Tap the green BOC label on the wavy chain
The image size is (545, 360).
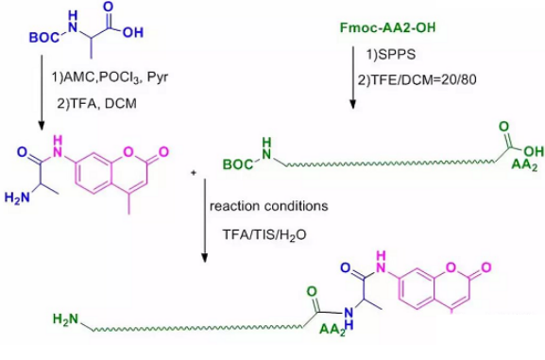pyautogui.click(x=239, y=164)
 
